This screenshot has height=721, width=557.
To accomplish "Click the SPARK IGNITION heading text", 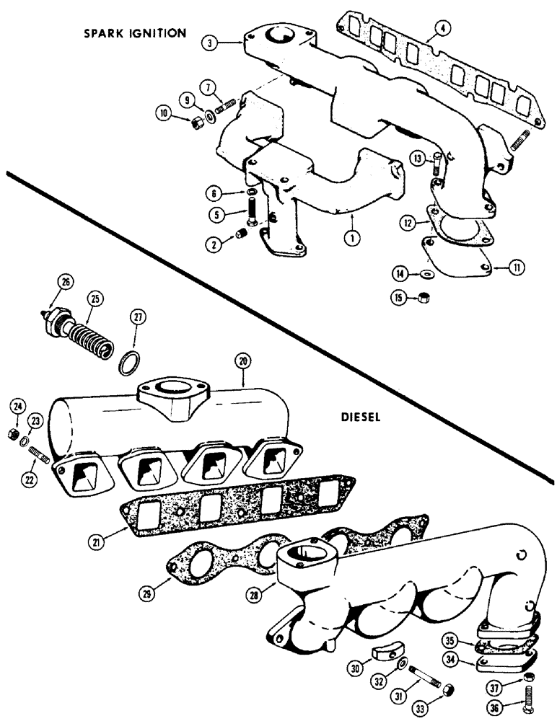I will tap(135, 33).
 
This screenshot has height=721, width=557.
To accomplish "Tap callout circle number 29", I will tap(147, 593).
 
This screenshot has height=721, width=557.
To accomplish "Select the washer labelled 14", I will tap(427, 273).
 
